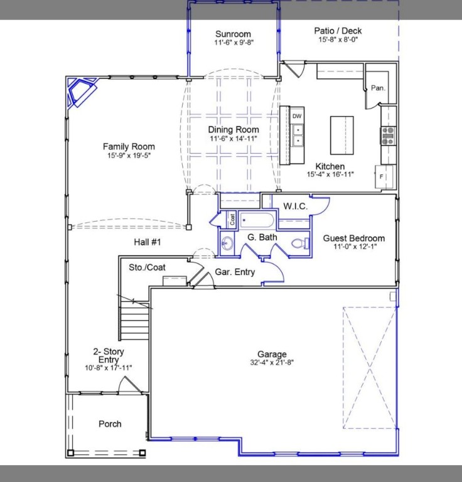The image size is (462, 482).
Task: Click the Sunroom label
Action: tap(233, 34)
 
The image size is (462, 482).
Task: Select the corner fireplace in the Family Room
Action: tap(81, 92)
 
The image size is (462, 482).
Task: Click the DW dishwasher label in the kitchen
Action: tap(297, 116)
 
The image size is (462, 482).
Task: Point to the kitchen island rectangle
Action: tap(341, 135)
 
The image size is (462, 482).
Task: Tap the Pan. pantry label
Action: tap(377, 88)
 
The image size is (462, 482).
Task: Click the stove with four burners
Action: tap(389, 133)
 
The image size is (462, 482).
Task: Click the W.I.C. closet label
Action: tap(295, 206)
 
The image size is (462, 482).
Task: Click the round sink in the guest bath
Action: tap(227, 244)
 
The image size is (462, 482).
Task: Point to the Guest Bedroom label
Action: tap(353, 238)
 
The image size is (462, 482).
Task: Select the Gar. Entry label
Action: tap(235, 272)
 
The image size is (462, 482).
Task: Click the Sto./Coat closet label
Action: tap(147, 267)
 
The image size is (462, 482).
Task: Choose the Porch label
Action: tap(110, 424)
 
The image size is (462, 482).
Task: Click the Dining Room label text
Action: tap(234, 130)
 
